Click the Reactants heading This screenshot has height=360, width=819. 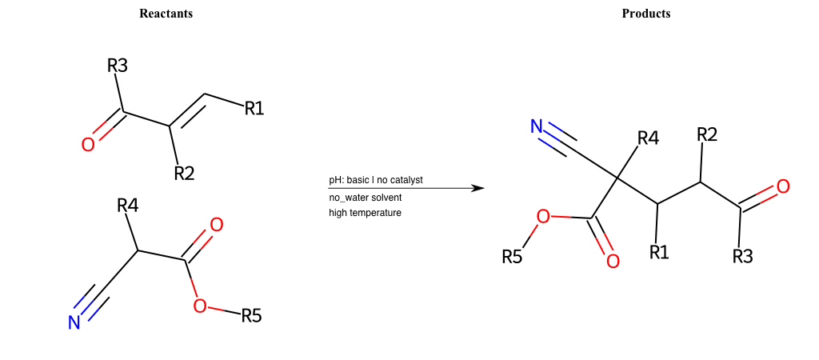point(166,14)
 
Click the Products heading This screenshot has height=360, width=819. point(645,14)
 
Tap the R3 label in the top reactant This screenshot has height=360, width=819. point(118,66)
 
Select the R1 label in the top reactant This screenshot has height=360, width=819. point(254,109)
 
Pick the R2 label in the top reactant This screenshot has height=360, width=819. point(184,173)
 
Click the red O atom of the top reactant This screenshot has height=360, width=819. point(88,144)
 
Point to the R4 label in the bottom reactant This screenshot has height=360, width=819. point(128,206)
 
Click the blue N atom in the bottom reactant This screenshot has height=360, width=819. point(74,323)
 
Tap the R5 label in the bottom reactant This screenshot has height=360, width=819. point(251,316)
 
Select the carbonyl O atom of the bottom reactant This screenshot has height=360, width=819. point(216,225)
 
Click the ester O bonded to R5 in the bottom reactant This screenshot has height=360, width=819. point(199,306)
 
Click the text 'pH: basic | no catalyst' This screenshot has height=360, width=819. point(376,180)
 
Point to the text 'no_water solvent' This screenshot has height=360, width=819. point(365,198)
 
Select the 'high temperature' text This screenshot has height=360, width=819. point(365,213)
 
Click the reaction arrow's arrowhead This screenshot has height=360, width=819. point(479,188)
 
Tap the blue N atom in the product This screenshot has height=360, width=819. point(537,126)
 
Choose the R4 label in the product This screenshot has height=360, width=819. point(648,139)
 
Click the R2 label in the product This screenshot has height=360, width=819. point(707,134)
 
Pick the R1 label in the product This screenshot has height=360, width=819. point(660,252)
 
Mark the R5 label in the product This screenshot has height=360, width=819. point(512,257)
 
